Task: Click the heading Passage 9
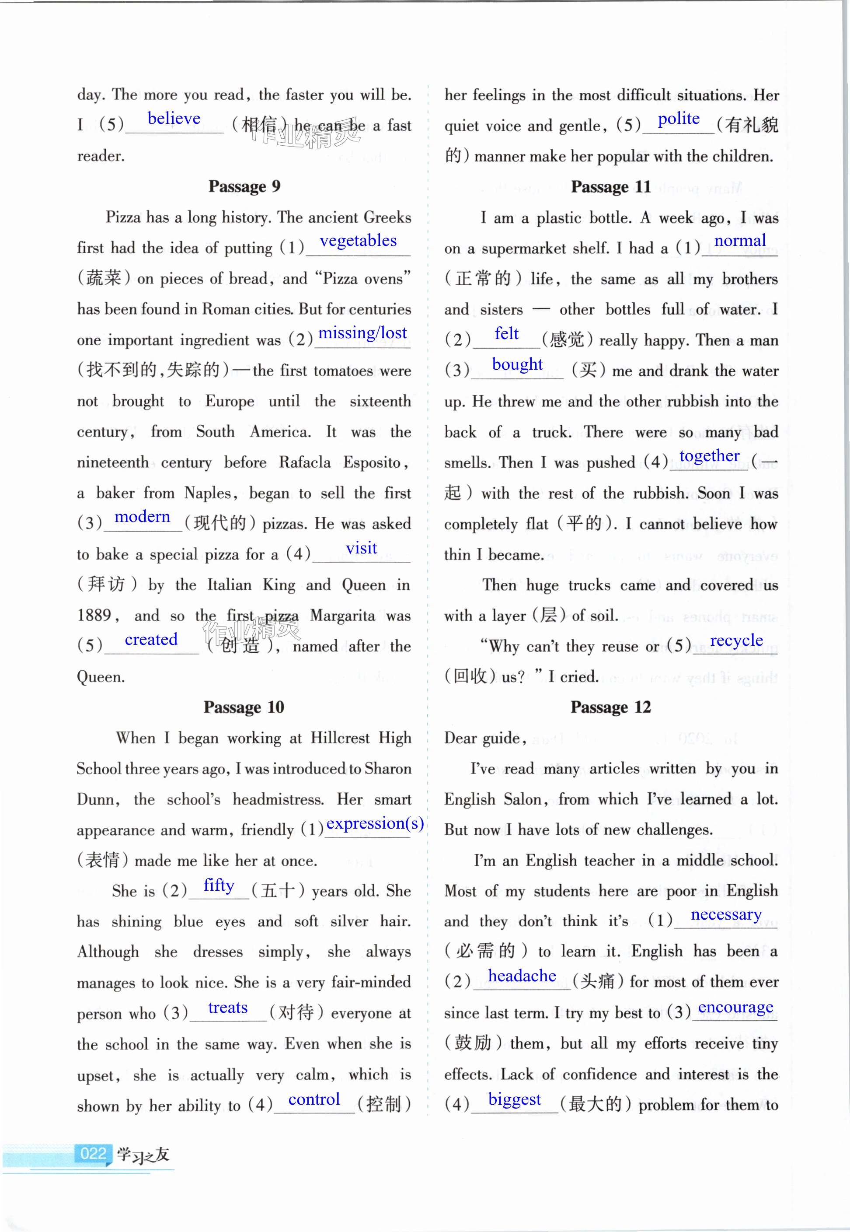pyautogui.click(x=244, y=186)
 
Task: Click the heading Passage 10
pyautogui.click(x=244, y=707)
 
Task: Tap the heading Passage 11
pyautogui.click(x=611, y=187)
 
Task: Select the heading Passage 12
pyautogui.click(x=610, y=707)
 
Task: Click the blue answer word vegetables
pyautogui.click(x=358, y=241)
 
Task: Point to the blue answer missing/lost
pyautogui.click(x=362, y=333)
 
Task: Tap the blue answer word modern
pyautogui.click(x=142, y=517)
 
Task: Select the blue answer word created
pyautogui.click(x=151, y=640)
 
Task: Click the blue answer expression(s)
pyautogui.click(x=375, y=823)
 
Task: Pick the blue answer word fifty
pyautogui.click(x=219, y=885)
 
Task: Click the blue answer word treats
pyautogui.click(x=228, y=1008)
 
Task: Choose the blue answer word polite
pyautogui.click(x=679, y=119)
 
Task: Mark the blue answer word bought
pyautogui.click(x=517, y=364)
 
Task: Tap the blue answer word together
pyautogui.click(x=709, y=456)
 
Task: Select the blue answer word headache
pyautogui.click(x=522, y=976)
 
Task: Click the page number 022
pyautogui.click(x=93, y=1154)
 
